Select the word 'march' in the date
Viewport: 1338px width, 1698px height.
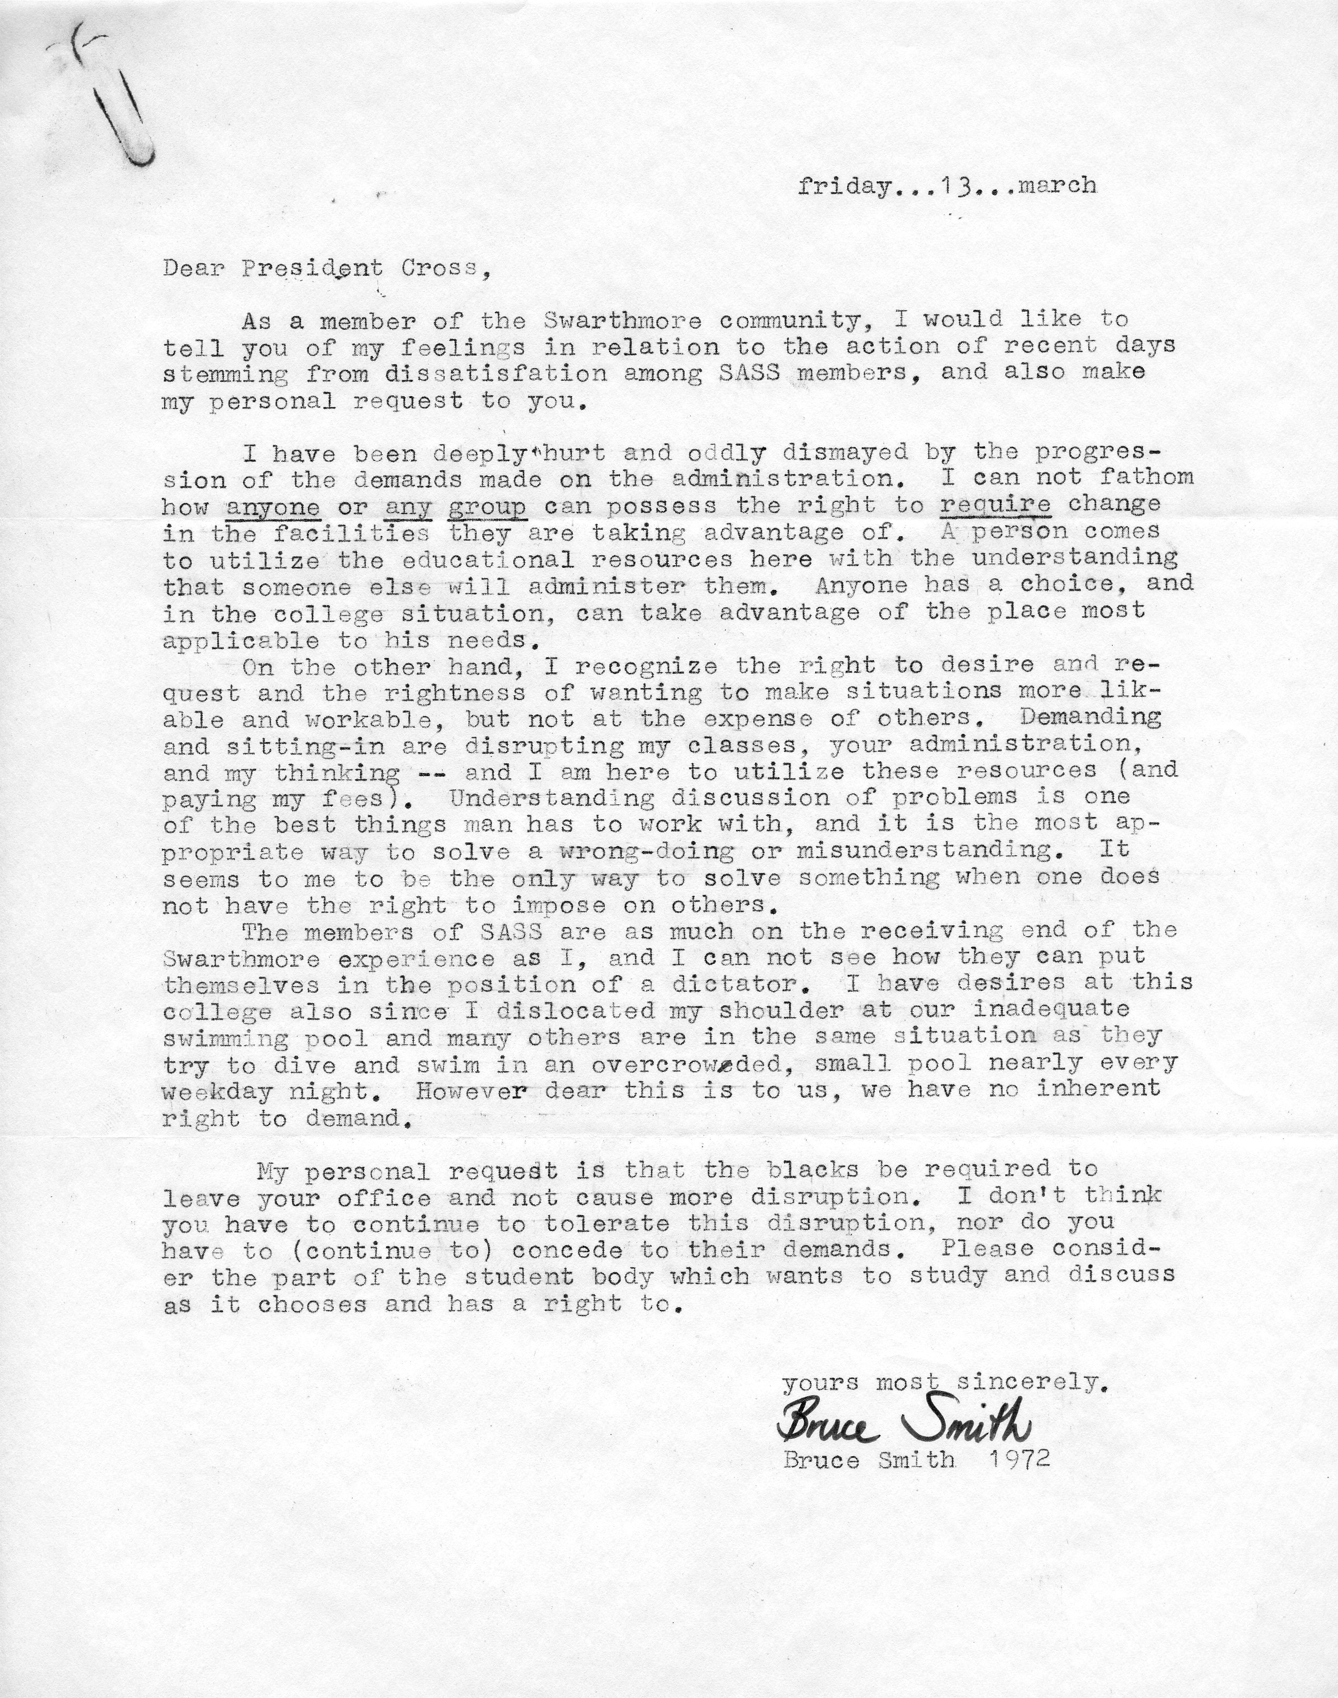click(x=1057, y=186)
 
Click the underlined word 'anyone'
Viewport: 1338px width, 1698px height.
click(x=273, y=506)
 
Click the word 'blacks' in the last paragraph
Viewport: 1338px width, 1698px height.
click(x=814, y=1170)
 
